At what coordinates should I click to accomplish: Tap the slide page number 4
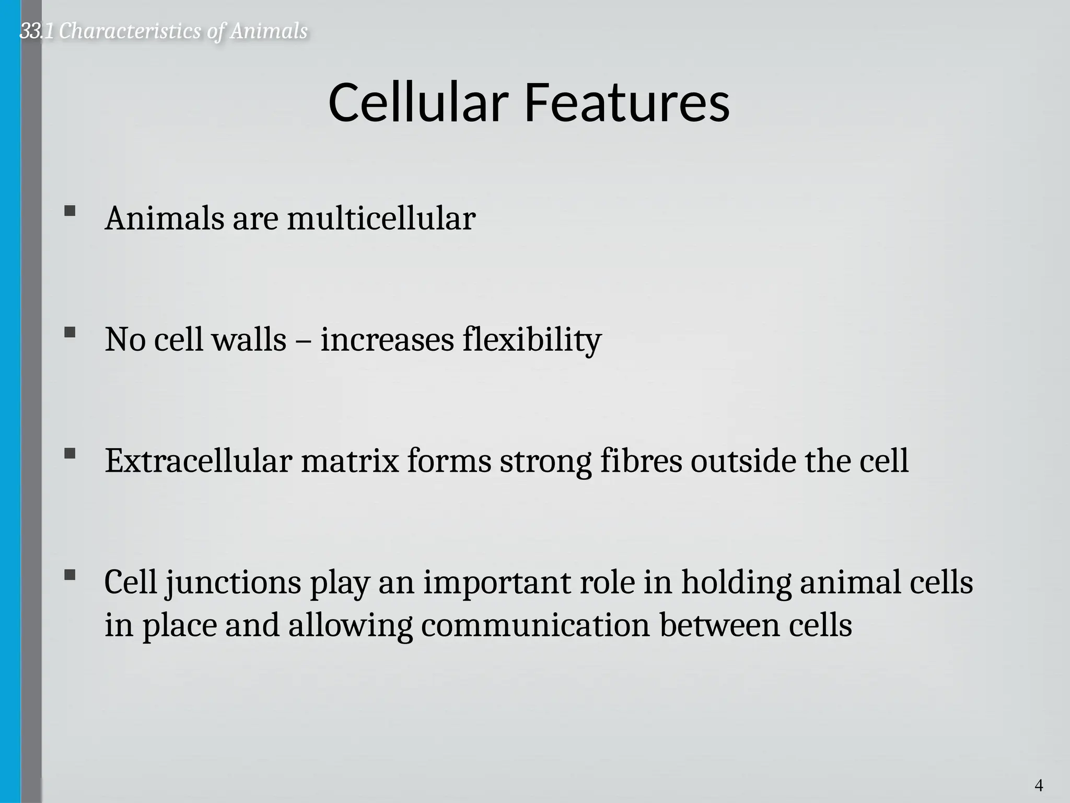1039,785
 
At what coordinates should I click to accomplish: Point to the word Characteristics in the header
130,31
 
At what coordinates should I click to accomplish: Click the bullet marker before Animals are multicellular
69,211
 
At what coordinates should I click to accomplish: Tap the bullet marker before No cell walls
69,332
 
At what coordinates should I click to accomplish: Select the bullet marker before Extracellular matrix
69,454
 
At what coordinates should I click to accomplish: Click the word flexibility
532,340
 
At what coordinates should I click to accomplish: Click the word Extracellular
198,461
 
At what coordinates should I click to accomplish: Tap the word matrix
350,461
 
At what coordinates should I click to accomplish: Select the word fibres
641,461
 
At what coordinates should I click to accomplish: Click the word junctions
233,583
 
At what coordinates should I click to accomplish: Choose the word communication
535,625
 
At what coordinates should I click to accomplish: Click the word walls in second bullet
249,340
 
